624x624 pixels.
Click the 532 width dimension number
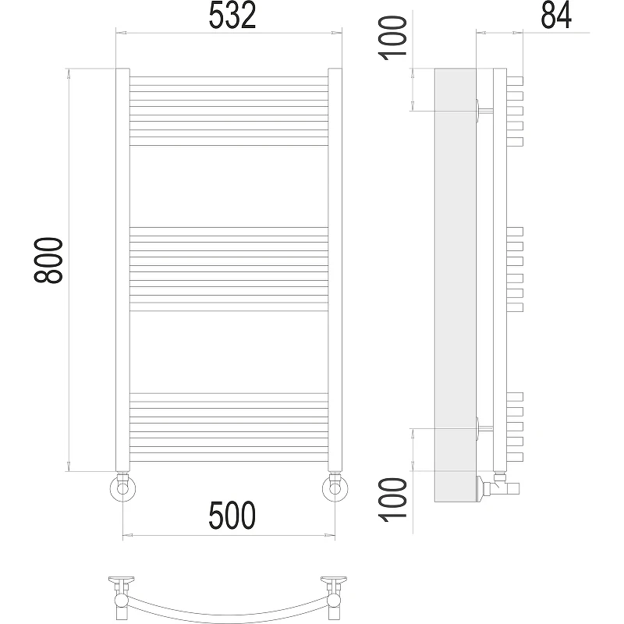pos(232,16)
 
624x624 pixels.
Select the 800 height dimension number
pos(48,261)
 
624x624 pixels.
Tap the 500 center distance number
pos(232,516)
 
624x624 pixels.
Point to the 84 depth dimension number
pos(556,15)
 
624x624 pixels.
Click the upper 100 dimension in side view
pos(394,37)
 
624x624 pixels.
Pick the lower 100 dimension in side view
pos(394,499)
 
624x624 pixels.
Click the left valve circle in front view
pos(122,488)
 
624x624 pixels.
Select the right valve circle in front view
pos(335,488)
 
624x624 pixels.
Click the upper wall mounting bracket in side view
pos(484,110)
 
